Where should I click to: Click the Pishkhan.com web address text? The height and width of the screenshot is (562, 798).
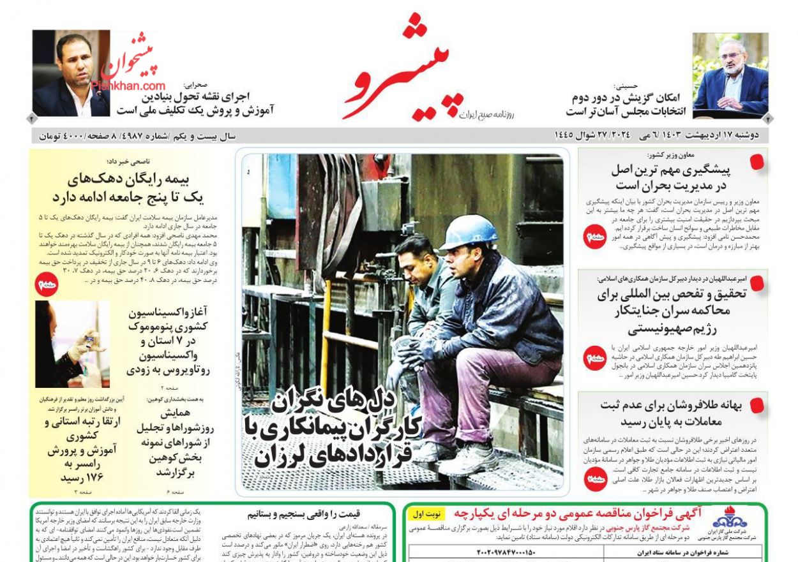click(x=128, y=85)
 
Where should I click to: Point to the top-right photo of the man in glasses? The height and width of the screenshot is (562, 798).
click(x=730, y=75)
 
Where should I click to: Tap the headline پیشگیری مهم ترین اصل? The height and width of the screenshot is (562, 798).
click(x=670, y=177)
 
